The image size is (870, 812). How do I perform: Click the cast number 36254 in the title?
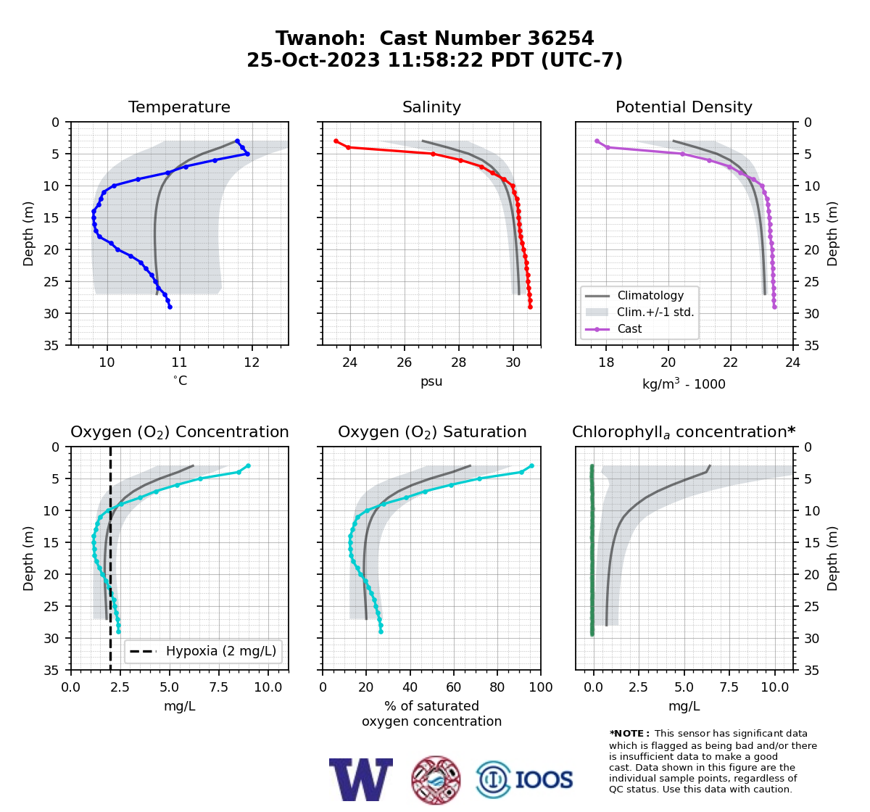pos(560,38)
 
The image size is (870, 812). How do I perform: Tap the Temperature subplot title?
pos(179,107)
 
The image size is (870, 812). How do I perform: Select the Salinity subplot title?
pos(431,107)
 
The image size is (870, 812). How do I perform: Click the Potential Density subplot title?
pos(684,107)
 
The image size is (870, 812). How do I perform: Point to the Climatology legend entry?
pos(650,295)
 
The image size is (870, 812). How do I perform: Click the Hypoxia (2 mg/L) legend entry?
pos(221,651)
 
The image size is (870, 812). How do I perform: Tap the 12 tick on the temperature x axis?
pos(252,362)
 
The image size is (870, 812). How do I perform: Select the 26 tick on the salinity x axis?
pos(404,362)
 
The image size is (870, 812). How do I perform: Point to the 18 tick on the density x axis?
pos(606,362)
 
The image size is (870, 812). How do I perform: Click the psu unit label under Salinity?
pos(431,381)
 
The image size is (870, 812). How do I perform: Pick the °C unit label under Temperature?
pos(180,381)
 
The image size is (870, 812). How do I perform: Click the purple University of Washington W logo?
pos(361,779)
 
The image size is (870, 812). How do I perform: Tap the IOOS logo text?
pos(544,780)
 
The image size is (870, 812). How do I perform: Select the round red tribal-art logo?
pos(436,780)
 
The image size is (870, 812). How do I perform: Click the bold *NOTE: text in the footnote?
pos(626,734)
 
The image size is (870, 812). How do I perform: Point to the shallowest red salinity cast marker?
pos(336,141)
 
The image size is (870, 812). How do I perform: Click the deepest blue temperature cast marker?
pos(170,307)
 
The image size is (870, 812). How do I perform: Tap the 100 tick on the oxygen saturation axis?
pos(541,687)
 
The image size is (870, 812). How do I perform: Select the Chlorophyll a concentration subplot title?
pos(684,432)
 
